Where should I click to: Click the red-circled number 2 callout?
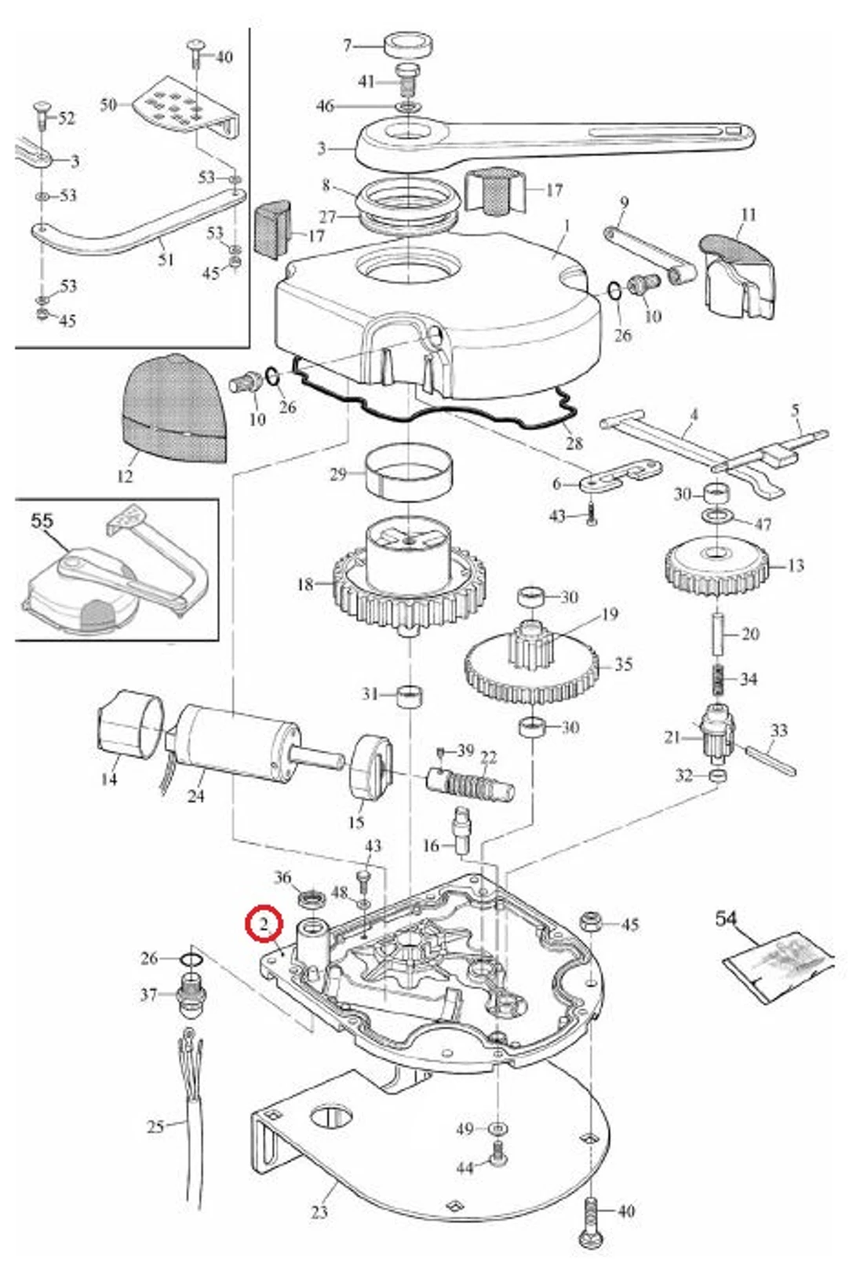tap(264, 924)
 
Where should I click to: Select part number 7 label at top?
tap(348, 45)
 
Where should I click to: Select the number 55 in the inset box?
tap(42, 521)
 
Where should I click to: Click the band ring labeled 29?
tap(408, 473)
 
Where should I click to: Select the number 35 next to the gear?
tap(623, 664)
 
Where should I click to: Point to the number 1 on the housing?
tap(567, 226)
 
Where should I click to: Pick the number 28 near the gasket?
tap(574, 444)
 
